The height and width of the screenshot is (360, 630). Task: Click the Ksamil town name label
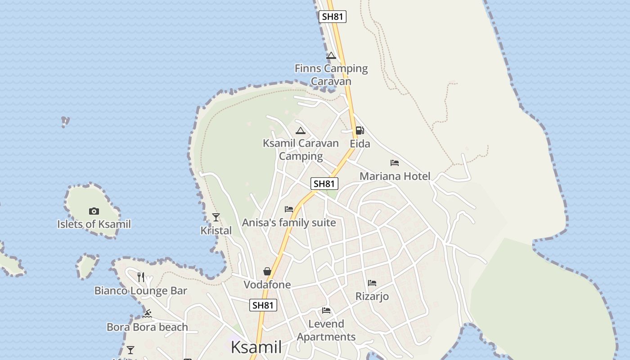256,347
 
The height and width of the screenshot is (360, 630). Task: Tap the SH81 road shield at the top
333,17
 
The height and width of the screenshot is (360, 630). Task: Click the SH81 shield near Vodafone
263,305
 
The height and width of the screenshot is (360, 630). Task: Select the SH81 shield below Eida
324,184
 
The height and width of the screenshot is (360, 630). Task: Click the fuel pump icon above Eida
360,130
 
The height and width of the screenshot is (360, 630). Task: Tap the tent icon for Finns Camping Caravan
331,56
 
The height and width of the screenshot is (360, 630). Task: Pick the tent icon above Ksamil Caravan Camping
301,131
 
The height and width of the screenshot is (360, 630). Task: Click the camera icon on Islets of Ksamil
94,211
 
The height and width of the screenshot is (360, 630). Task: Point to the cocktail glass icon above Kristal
216,217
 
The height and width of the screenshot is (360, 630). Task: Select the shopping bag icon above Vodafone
267,271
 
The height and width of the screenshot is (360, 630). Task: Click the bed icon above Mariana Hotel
395,163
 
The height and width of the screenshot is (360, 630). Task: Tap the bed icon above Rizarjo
372,283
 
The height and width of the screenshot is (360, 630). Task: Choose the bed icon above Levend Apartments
326,310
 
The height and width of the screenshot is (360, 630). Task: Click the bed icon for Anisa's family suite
289,209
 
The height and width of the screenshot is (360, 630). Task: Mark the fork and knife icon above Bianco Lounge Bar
141,277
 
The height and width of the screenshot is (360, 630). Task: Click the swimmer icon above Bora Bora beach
147,314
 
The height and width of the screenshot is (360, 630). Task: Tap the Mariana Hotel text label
395,176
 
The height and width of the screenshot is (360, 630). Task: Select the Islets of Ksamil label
94,224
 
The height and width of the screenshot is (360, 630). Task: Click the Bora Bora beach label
147,327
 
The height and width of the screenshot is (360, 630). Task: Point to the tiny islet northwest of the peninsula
65,121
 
